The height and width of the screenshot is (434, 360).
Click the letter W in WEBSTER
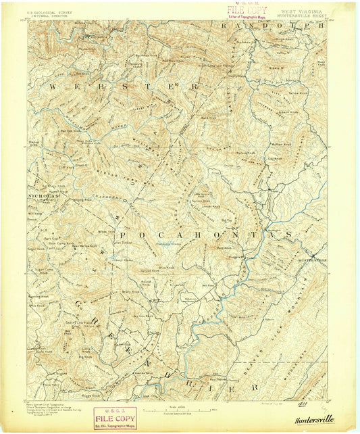(x=52, y=87)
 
